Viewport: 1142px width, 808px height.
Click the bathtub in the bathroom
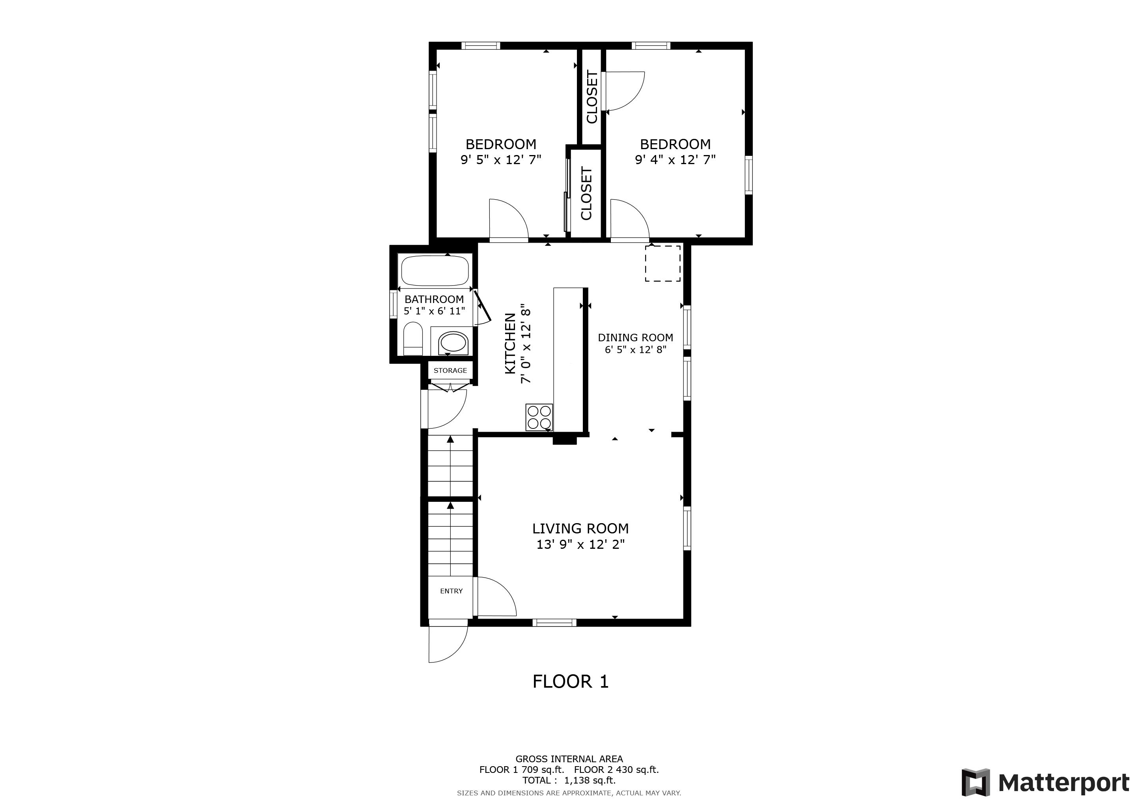tap(435, 270)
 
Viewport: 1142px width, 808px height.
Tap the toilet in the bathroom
tap(413, 339)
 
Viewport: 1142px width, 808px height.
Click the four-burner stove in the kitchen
tap(539, 417)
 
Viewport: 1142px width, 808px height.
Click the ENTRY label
tap(451, 591)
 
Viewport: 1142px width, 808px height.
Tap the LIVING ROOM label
tap(580, 528)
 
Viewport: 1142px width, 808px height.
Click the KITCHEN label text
tap(510, 343)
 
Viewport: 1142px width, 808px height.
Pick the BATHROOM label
tap(434, 299)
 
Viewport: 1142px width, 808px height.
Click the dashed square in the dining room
tap(662, 263)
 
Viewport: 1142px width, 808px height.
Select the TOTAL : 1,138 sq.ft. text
tap(569, 780)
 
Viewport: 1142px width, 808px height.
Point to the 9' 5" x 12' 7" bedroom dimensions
tap(501, 160)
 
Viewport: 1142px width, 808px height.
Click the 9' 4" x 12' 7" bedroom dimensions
tap(675, 160)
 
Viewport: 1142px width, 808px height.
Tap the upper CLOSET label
tap(592, 97)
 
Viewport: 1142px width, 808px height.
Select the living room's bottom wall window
tap(554, 623)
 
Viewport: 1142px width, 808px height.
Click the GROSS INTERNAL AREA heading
tap(569, 759)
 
